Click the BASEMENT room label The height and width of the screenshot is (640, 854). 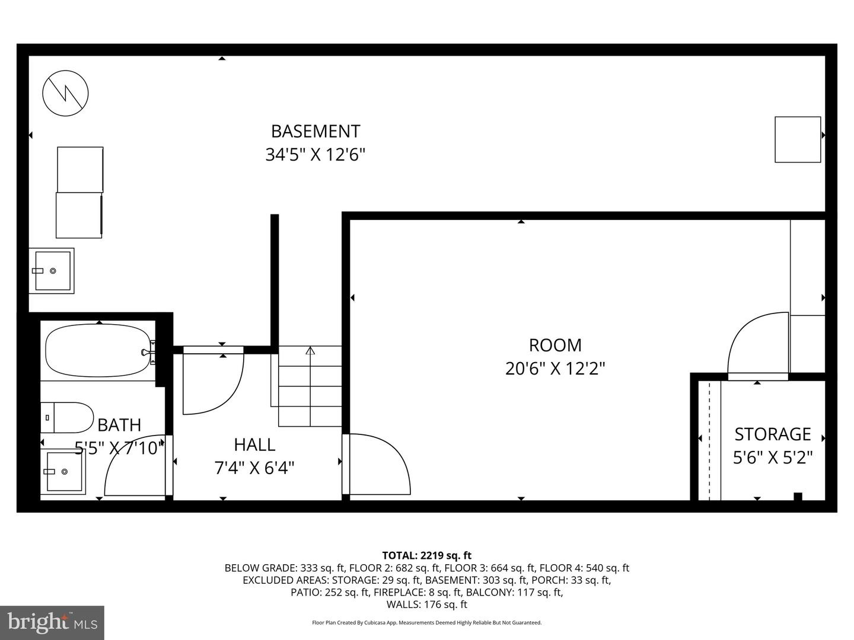coord(315,130)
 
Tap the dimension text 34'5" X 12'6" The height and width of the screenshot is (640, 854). coord(315,155)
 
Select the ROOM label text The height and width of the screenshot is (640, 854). coord(555,345)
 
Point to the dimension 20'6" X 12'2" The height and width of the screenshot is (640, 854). coord(555,369)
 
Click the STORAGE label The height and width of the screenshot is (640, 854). coord(772,434)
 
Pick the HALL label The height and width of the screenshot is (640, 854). coord(254,444)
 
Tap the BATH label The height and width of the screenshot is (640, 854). coord(119,425)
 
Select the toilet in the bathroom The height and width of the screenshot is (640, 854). coord(66,418)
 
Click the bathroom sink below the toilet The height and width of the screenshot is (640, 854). coord(63,472)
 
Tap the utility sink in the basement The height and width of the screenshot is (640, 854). coord(52,271)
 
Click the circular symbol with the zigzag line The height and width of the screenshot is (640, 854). coord(65,93)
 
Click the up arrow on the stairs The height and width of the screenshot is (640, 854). coord(310,351)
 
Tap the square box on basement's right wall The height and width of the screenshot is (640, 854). coord(798,139)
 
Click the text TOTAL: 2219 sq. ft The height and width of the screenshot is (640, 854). coord(426,555)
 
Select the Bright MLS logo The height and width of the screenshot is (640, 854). coord(52,622)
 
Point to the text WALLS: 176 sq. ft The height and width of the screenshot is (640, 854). coord(426,604)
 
